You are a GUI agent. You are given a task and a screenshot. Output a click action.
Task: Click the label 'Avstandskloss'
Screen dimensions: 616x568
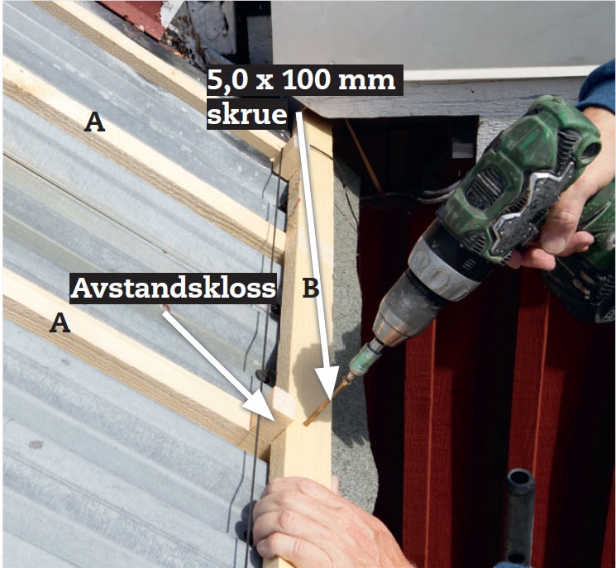174,288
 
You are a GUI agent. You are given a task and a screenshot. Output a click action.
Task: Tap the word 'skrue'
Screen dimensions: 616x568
247,114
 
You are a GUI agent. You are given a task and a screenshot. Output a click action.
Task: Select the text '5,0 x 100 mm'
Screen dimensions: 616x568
301,80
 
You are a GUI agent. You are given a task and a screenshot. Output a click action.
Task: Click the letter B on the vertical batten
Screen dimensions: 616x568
311,289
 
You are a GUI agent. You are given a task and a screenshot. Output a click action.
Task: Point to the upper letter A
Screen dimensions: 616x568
95,122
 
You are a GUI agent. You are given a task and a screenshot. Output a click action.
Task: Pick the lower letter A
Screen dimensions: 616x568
60,322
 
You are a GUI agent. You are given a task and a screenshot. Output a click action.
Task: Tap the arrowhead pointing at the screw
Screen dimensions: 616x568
327,382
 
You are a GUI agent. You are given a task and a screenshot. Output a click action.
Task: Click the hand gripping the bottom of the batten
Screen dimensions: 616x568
318,523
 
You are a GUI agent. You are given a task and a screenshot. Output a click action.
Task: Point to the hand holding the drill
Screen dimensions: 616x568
566,208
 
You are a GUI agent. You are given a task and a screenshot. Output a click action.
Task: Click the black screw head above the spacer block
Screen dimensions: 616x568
265,376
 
